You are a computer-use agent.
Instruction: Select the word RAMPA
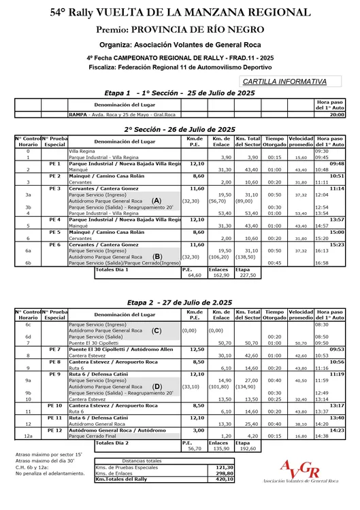click(x=76, y=115)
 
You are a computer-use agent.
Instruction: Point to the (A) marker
click(x=157, y=201)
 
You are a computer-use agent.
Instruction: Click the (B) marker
click(x=157, y=256)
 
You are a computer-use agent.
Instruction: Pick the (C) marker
click(x=157, y=330)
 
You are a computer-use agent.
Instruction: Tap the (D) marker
click(x=157, y=386)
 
